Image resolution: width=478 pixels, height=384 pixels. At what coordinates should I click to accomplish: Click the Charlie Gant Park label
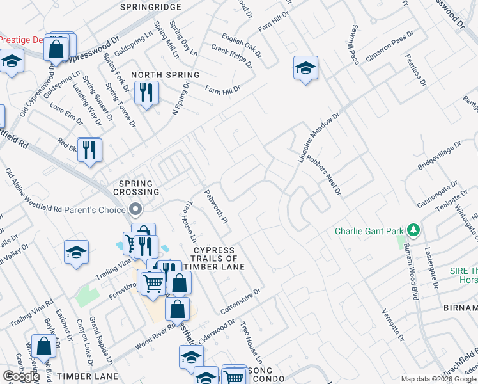pyautogui.click(x=371, y=230)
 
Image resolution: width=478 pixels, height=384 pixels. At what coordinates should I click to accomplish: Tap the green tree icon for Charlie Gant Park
pyautogui.click(x=414, y=230)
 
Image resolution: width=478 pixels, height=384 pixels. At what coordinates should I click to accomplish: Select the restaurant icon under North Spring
pyautogui.click(x=146, y=93)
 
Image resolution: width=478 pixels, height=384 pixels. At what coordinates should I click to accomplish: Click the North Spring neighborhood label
pyautogui.click(x=166, y=75)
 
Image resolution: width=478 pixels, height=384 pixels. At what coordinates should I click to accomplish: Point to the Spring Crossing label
pyautogui.click(x=135, y=187)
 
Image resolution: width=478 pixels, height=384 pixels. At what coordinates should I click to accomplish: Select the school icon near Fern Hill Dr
pyautogui.click(x=305, y=68)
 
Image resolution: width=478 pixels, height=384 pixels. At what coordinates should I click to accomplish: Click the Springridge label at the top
pyautogui.click(x=151, y=7)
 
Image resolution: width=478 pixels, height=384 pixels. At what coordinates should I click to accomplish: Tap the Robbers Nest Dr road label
pyautogui.click(x=323, y=175)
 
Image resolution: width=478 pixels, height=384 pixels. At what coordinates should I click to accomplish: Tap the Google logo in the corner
pyautogui.click(x=21, y=376)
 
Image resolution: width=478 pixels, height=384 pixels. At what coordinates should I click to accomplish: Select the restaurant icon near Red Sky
pyautogui.click(x=89, y=150)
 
